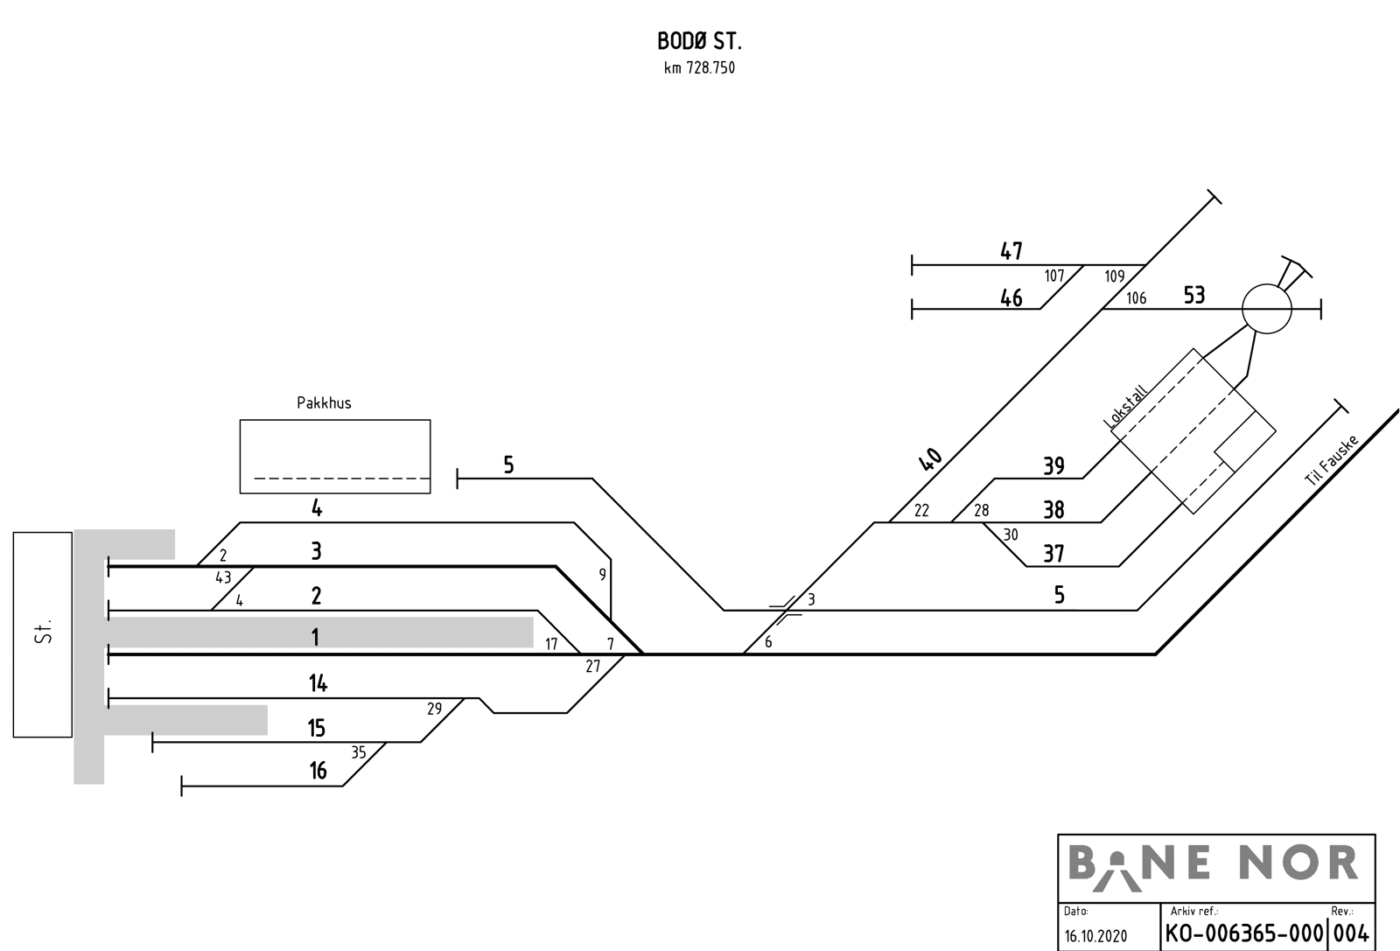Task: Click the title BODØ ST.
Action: (x=699, y=41)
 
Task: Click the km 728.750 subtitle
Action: (x=699, y=68)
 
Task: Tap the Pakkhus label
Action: (x=324, y=403)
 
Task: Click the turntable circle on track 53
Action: (x=1266, y=308)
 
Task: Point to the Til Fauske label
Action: (x=1330, y=461)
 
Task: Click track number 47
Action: (x=1011, y=252)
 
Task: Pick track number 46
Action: (x=1011, y=298)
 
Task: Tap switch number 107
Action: (x=1054, y=276)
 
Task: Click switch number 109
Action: (x=1114, y=276)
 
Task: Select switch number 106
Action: (x=1136, y=298)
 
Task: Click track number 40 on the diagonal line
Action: (x=930, y=459)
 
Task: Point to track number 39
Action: (x=1053, y=466)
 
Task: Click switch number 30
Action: (x=1011, y=535)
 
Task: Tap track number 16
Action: (x=318, y=771)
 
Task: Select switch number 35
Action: (x=359, y=752)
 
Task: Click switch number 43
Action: (x=223, y=577)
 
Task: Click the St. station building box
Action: (x=42, y=634)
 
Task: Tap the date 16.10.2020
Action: (x=1095, y=935)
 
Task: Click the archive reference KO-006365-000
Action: (x=1243, y=933)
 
